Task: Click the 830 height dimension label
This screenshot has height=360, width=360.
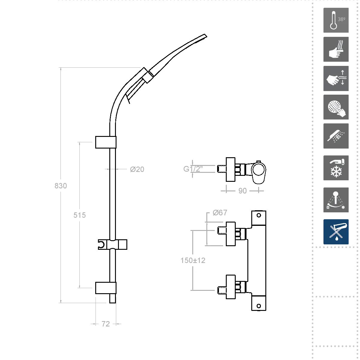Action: point(60,186)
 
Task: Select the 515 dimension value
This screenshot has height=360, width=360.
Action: point(80,215)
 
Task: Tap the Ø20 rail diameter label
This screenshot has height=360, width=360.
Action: point(137,169)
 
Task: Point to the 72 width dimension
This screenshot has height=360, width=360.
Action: point(105,324)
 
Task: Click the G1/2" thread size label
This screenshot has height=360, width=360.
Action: point(193,169)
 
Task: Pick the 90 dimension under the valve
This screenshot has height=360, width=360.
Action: point(243,191)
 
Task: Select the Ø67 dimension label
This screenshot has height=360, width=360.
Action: point(220,213)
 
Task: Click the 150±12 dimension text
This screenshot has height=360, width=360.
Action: point(193,261)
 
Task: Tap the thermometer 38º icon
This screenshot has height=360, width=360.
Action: point(336,20)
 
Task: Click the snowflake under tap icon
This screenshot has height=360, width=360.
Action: point(336,168)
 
